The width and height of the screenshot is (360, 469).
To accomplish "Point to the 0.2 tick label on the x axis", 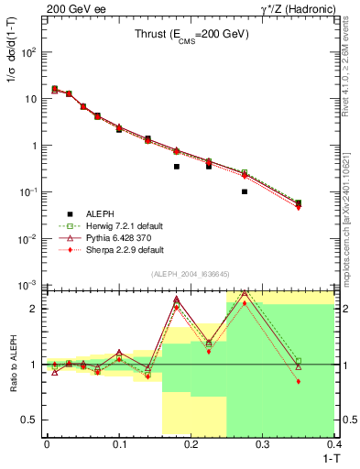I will pyautogui.click(x=191, y=443).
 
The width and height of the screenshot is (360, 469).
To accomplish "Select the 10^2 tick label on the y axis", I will pyautogui.click(x=28, y=52).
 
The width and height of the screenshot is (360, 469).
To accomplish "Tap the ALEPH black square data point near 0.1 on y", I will pyautogui.click(x=245, y=191).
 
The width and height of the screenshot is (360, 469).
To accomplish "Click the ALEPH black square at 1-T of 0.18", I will pyautogui.click(x=176, y=167).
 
